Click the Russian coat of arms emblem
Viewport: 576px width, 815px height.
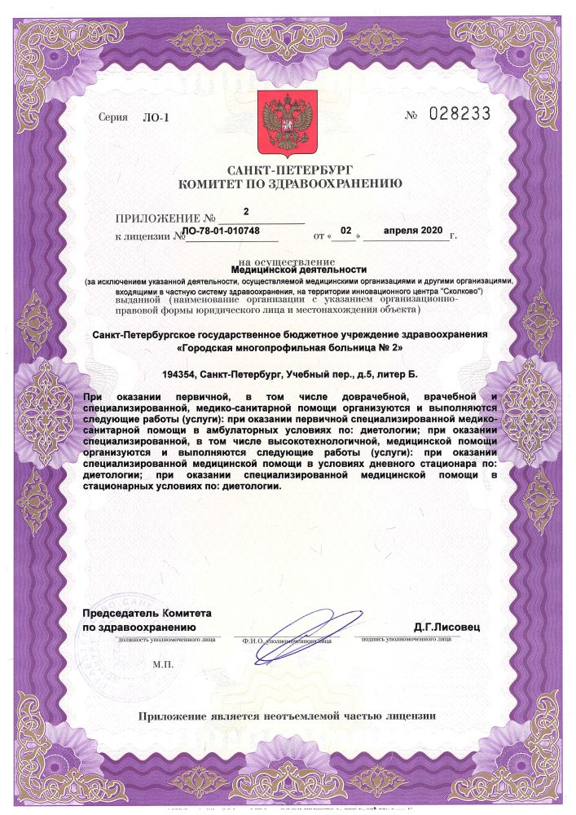288,123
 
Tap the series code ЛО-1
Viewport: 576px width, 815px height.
154,117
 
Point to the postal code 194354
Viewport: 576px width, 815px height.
182,374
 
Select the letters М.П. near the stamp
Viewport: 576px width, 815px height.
164,665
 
